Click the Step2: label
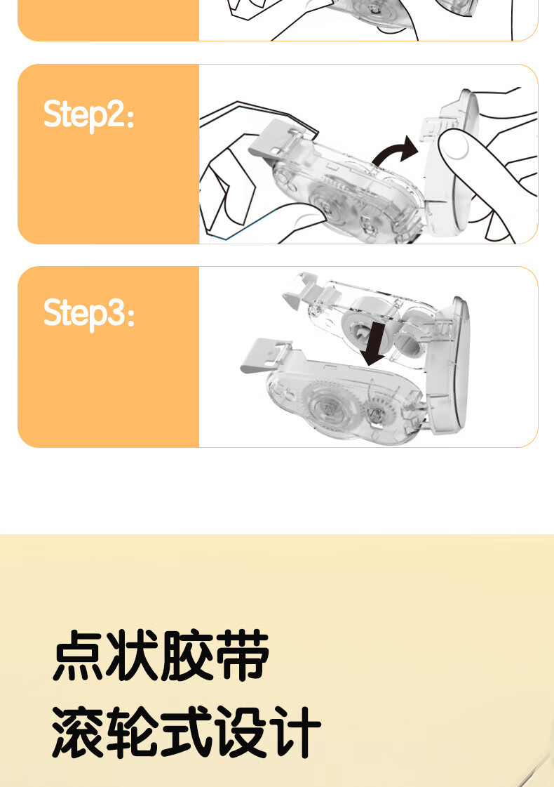click(89, 115)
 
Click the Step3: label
click(89, 314)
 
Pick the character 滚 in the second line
click(79, 731)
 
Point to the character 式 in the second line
click(187, 731)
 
